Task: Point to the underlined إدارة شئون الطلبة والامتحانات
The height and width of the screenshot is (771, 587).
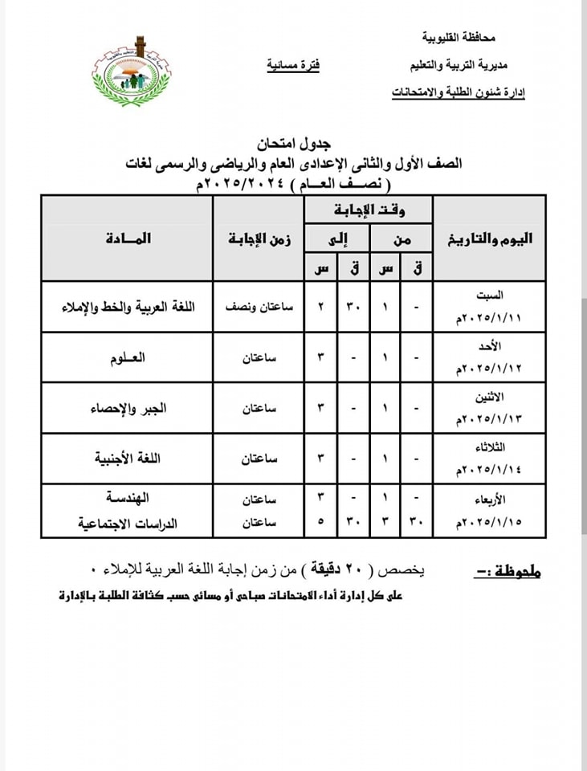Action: (459, 94)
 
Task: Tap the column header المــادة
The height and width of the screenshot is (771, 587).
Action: (127, 239)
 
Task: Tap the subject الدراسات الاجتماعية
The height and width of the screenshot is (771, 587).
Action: (127, 523)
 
